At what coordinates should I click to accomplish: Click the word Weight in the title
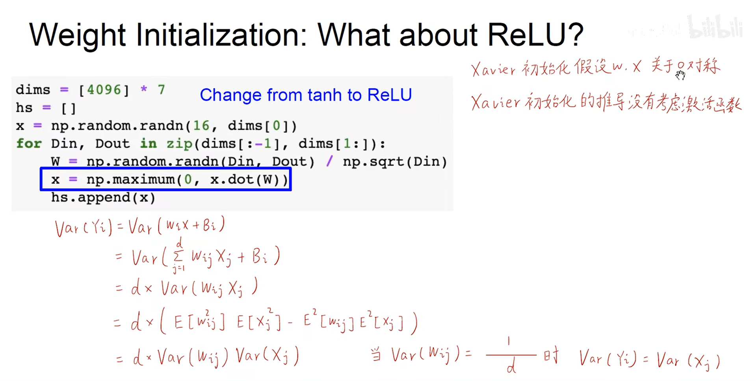click(x=77, y=35)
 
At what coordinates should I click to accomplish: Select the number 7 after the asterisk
click(x=161, y=90)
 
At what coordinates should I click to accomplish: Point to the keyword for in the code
click(x=29, y=144)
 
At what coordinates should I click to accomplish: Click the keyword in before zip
click(x=148, y=144)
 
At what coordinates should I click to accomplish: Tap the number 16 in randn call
click(x=201, y=126)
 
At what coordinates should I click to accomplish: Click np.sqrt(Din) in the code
click(x=395, y=162)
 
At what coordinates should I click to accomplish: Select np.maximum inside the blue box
click(x=130, y=180)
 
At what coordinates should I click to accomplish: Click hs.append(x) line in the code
click(x=103, y=198)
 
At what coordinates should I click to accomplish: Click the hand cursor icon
click(x=680, y=75)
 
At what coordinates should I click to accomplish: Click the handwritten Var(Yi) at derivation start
click(x=83, y=228)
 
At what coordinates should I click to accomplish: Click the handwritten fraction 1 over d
click(x=511, y=355)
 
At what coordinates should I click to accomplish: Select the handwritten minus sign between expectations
click(x=290, y=323)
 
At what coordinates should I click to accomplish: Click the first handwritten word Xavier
click(x=493, y=69)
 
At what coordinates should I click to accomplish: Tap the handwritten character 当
click(x=376, y=355)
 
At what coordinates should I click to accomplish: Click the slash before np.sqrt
click(x=329, y=162)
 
